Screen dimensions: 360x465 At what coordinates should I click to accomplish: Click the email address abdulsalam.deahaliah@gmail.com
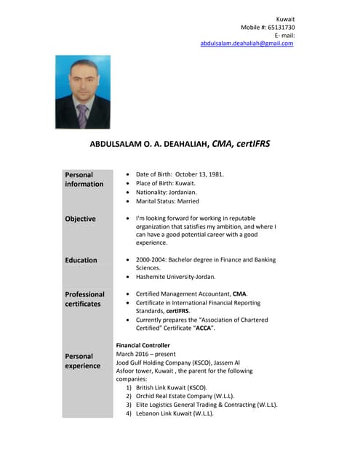tap(247, 44)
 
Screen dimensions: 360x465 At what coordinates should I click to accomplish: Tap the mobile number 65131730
tap(280, 27)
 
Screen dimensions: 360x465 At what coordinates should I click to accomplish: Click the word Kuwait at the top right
tap(285, 18)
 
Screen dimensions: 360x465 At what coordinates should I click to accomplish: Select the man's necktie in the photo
tap(82, 114)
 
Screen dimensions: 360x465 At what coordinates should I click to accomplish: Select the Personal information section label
tap(84, 179)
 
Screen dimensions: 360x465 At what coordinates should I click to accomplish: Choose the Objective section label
tap(80, 219)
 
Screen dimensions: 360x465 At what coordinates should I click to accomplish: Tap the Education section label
tap(81, 260)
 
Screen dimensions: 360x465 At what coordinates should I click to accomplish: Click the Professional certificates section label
tap(84, 299)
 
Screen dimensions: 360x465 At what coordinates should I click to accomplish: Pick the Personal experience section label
tap(83, 361)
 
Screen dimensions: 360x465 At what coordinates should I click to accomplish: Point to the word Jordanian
tap(180, 193)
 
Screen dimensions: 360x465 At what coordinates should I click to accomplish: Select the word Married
tap(185, 201)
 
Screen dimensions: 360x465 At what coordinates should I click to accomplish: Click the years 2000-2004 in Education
tap(151, 260)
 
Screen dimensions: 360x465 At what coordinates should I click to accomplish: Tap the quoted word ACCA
tap(203, 328)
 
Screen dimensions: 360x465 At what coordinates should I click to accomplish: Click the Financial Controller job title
tap(143, 345)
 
